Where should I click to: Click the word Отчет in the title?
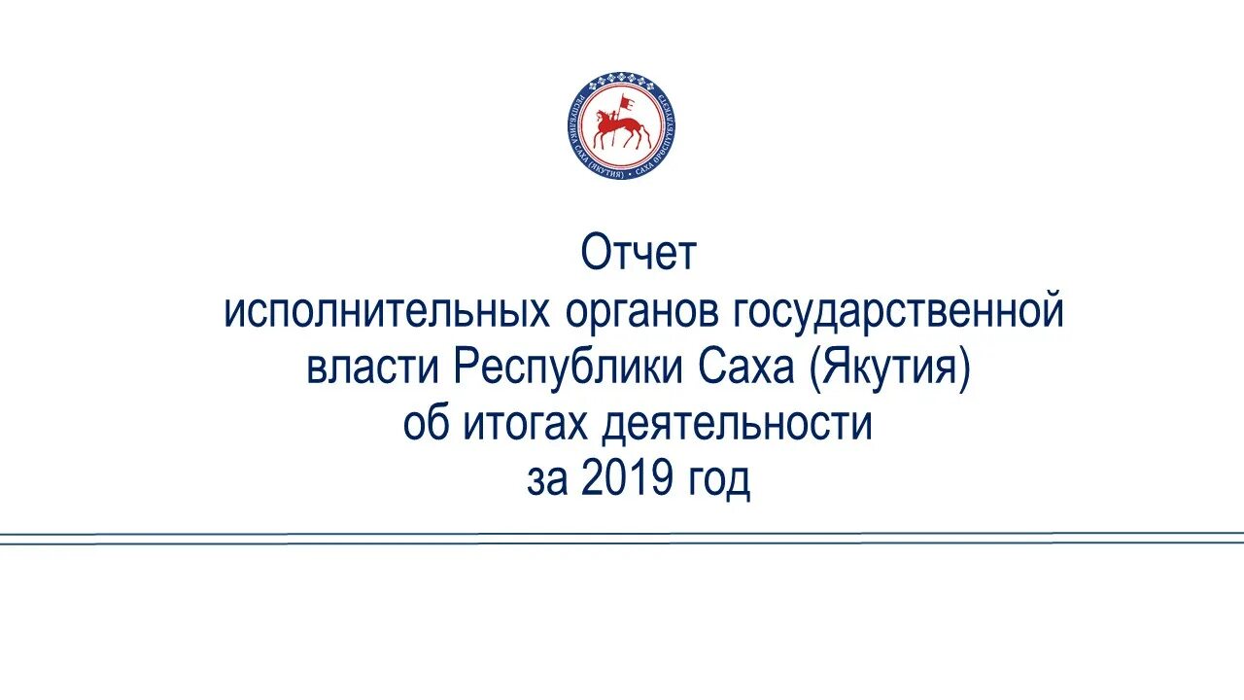coord(639,255)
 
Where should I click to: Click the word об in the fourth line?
coord(426,425)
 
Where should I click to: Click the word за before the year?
coord(548,481)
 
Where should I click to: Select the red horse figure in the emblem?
coord(618,129)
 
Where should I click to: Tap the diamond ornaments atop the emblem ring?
coord(619,76)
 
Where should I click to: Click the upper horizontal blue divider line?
coord(622,534)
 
